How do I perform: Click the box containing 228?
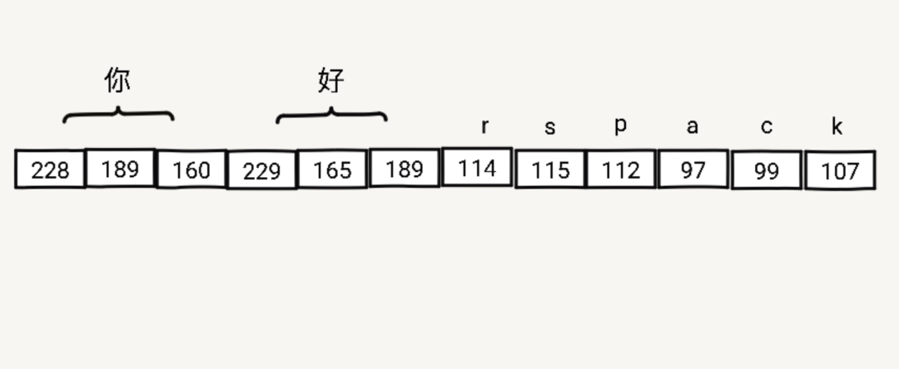[51, 170]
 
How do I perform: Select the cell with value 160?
[191, 170]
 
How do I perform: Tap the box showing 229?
[262, 170]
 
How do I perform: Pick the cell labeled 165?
[332, 170]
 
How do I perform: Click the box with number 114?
[477, 167]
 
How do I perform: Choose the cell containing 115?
[550, 170]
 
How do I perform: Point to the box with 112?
[621, 170]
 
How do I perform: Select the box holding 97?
[693, 170]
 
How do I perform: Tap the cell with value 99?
[767, 170]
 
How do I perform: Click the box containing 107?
[840, 170]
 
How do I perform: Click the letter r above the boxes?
[484, 127]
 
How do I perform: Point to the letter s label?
[549, 128]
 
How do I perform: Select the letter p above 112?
[620, 125]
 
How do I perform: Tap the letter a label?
[692, 127]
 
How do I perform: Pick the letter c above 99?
[766, 127]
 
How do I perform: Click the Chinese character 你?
[117, 80]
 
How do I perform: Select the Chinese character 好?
[330, 80]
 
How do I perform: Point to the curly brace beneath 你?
[118, 113]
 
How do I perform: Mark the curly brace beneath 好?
[331, 113]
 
